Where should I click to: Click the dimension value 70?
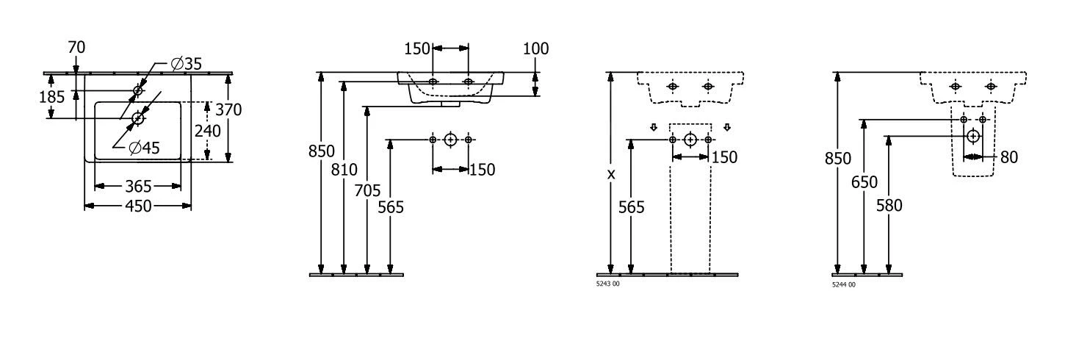coord(76,48)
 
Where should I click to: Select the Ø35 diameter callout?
coord(186,65)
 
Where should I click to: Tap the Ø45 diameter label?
coord(144,148)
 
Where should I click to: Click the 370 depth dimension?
coord(229,109)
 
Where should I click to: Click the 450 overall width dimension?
coord(138,206)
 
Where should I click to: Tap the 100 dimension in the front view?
coord(536,48)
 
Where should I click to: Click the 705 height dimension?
coord(367,191)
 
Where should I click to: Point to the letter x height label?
coord(610,174)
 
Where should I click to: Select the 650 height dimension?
coord(864,181)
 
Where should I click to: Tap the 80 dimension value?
coord(1008,156)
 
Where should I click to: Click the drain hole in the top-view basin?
coord(138,118)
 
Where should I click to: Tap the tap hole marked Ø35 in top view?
coord(138,90)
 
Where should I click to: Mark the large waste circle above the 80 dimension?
coord(973,136)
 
